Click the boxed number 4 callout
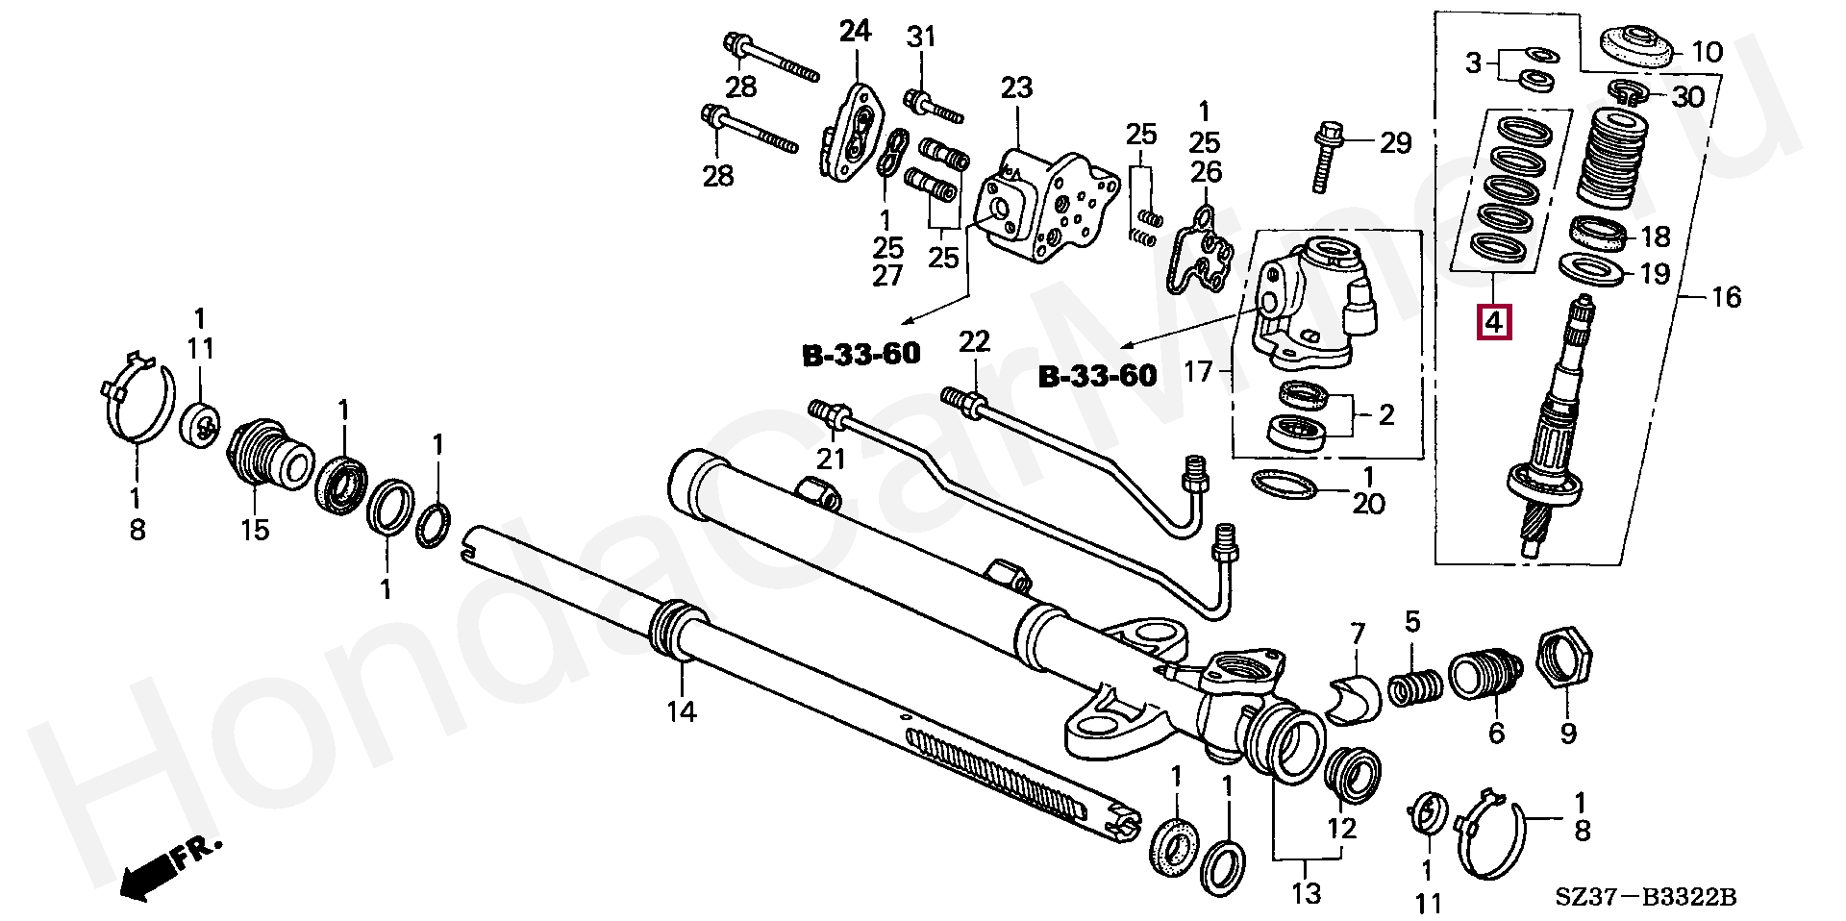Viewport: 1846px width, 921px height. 1493,322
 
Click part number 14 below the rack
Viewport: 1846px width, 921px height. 682,711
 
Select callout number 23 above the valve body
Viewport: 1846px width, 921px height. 1016,88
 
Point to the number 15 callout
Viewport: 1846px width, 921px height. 255,529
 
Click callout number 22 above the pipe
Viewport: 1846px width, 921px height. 973,341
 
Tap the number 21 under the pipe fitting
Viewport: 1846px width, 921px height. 831,459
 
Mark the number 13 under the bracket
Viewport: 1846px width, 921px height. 1307,893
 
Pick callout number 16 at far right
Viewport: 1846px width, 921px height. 1726,297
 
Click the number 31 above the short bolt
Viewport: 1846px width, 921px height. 920,37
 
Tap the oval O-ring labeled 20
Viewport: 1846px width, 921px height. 1285,485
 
